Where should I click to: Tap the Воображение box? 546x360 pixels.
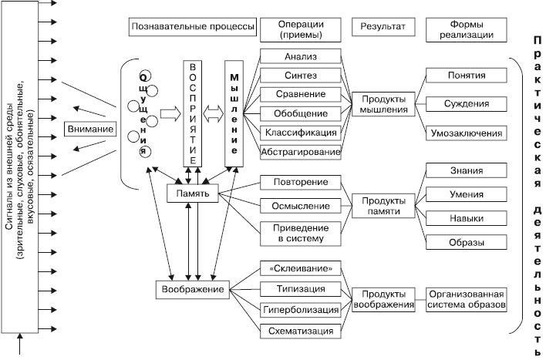point(194,290)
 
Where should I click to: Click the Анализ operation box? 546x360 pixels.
point(300,56)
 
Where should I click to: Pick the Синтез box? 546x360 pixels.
point(300,76)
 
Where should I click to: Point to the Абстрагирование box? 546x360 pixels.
point(300,152)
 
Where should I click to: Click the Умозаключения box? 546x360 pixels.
point(466,133)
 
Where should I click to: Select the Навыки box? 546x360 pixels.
point(466,218)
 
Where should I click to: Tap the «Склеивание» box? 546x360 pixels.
point(300,268)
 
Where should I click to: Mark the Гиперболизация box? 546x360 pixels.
point(300,310)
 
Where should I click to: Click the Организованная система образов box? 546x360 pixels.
point(466,299)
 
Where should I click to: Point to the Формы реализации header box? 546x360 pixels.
point(466,29)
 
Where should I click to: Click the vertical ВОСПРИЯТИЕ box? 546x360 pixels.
point(194,112)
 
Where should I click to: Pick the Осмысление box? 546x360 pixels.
point(300,206)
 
